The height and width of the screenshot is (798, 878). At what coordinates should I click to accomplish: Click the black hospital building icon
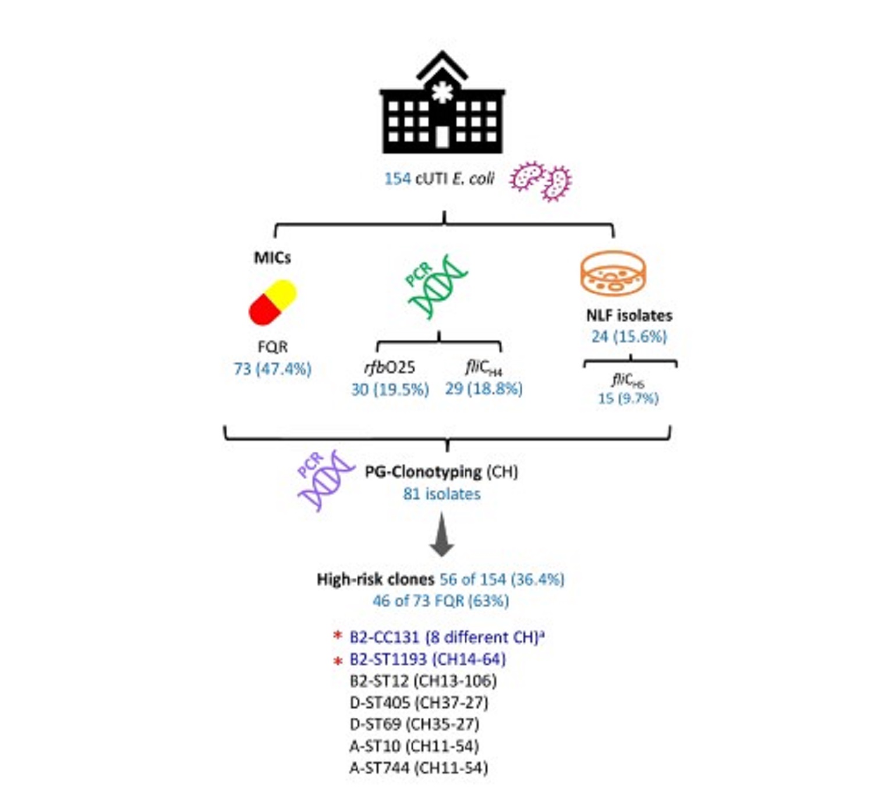pyautogui.click(x=442, y=108)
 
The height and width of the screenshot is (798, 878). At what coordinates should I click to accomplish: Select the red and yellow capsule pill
pyautogui.click(x=272, y=302)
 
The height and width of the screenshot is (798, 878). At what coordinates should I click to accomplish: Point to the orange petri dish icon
pyautogui.click(x=613, y=274)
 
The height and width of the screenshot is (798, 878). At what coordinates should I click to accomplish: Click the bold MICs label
pyautogui.click(x=272, y=258)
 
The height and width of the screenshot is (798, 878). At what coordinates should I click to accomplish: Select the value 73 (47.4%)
pyautogui.click(x=272, y=369)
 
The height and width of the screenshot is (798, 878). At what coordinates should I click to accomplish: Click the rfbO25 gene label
pyautogui.click(x=390, y=367)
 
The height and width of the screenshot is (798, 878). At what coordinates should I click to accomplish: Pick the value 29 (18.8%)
pyautogui.click(x=484, y=389)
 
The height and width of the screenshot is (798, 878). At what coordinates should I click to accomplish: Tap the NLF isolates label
pyautogui.click(x=629, y=315)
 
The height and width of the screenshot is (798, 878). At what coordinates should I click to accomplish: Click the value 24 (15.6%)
pyautogui.click(x=629, y=336)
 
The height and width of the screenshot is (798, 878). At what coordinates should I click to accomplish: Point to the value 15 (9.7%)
pyautogui.click(x=628, y=399)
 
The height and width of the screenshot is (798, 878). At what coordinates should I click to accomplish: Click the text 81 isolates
pyautogui.click(x=442, y=494)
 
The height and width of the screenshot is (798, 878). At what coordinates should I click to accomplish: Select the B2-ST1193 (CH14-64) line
pyautogui.click(x=427, y=659)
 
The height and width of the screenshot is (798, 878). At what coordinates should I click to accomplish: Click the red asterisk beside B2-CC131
pyautogui.click(x=337, y=636)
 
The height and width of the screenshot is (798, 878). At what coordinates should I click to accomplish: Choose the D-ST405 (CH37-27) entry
pyautogui.click(x=419, y=703)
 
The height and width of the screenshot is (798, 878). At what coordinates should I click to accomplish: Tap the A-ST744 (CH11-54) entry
pyautogui.click(x=419, y=768)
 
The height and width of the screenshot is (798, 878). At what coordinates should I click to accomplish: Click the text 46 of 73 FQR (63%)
pyautogui.click(x=441, y=601)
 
